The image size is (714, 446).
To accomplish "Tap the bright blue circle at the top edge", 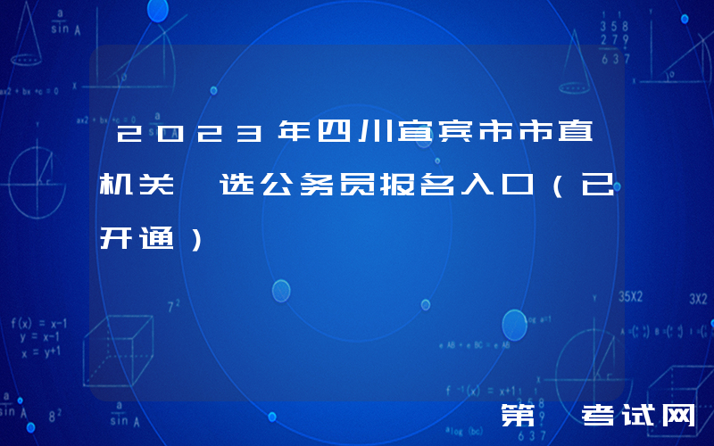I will point(157,10).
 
